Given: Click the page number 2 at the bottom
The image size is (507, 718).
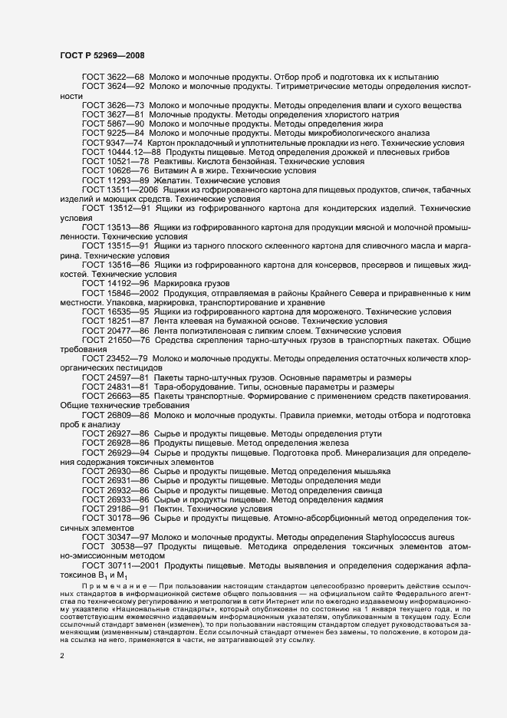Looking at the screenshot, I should pos(62,656).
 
